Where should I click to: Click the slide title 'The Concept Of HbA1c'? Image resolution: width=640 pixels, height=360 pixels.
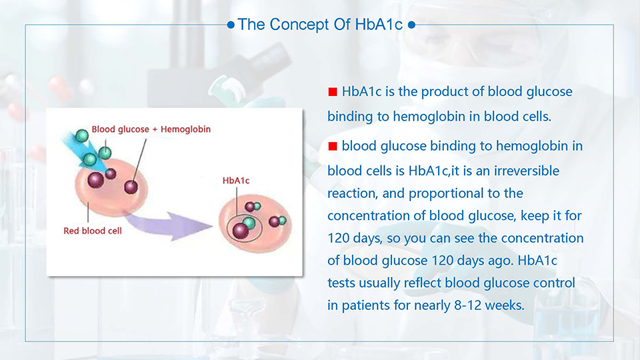coord(321,25)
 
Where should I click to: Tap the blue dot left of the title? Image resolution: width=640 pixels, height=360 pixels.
coord(231,25)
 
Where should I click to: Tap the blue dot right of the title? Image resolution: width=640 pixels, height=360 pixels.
coord(411,25)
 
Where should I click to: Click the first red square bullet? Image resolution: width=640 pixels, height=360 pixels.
coord(333,92)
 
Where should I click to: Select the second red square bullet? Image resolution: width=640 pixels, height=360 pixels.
coord(333,146)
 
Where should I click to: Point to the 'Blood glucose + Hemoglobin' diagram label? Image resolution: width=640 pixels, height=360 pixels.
coord(151,129)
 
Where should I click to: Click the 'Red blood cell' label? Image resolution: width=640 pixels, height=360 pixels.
coord(93,231)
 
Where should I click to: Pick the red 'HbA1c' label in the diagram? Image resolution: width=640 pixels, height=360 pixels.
coord(236,181)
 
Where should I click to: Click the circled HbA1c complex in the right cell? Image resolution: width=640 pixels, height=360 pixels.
coord(244,227)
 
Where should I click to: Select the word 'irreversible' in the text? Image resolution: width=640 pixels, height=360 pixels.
coord(527,171)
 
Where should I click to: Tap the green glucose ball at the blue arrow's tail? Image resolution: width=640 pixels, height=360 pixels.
coord(82,135)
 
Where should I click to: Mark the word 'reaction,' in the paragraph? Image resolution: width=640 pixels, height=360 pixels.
coord(353,193)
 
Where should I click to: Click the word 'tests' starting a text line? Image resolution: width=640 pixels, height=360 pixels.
coord(341,283)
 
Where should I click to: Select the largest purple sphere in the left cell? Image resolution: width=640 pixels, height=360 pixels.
coord(95,180)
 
